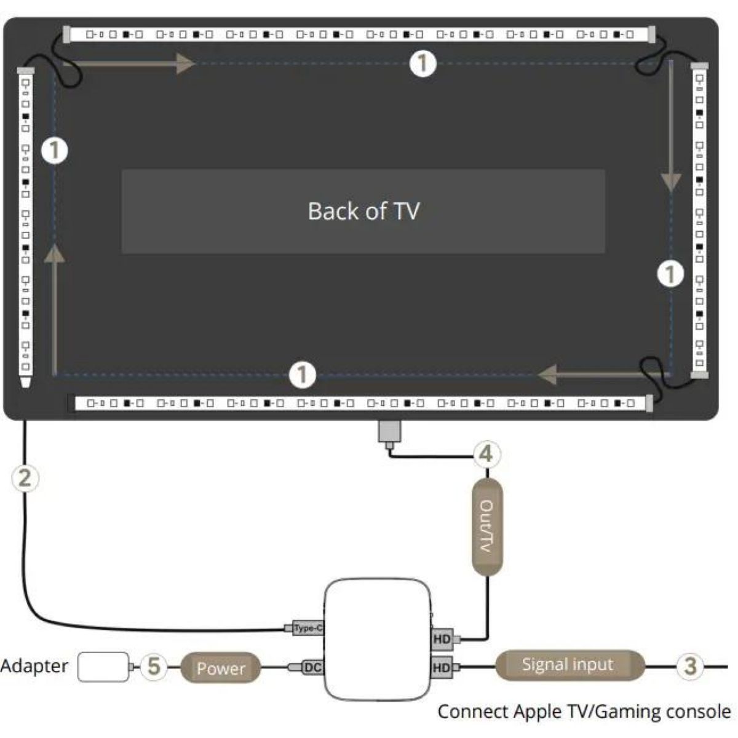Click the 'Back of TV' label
click(363, 211)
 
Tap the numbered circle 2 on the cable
click(25, 478)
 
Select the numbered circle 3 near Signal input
click(690, 665)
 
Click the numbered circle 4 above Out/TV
click(486, 454)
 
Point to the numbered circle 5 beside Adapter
click(154, 667)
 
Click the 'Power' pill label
click(221, 668)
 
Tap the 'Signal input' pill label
click(568, 665)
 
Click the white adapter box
click(103, 667)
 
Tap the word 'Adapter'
click(34, 666)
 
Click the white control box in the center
click(376, 640)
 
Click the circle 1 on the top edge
click(423, 63)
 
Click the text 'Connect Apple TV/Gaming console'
click(584, 712)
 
